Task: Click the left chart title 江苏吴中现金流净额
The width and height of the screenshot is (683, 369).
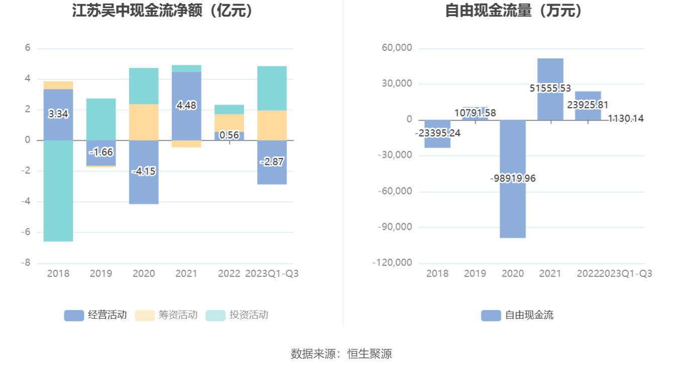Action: point(164,11)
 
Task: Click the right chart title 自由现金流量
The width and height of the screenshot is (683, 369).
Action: point(515,11)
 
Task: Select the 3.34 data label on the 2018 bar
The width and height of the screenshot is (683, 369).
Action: point(58,114)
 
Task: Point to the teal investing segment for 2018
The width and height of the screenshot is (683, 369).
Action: point(58,201)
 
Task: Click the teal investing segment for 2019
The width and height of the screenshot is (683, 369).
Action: point(101,119)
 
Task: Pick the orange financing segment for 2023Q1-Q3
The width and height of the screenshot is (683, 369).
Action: point(272,125)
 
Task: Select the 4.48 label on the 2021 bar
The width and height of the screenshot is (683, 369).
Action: point(186,106)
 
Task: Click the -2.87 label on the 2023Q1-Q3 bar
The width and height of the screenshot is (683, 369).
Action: point(272,161)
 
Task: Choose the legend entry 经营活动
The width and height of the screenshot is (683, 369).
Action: point(95,315)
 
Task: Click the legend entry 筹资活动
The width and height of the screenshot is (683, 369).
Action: point(167,315)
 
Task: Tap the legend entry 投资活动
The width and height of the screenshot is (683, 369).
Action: point(238,315)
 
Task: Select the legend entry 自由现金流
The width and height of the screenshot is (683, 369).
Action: point(517,315)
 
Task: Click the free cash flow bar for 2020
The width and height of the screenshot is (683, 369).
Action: point(513,211)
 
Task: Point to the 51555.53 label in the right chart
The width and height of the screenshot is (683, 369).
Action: point(550,88)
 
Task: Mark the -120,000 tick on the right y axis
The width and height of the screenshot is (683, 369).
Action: point(392,263)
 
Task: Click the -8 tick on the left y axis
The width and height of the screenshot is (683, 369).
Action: point(26,263)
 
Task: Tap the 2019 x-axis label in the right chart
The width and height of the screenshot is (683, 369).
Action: point(475,273)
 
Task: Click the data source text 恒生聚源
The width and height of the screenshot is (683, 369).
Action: point(370,354)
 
